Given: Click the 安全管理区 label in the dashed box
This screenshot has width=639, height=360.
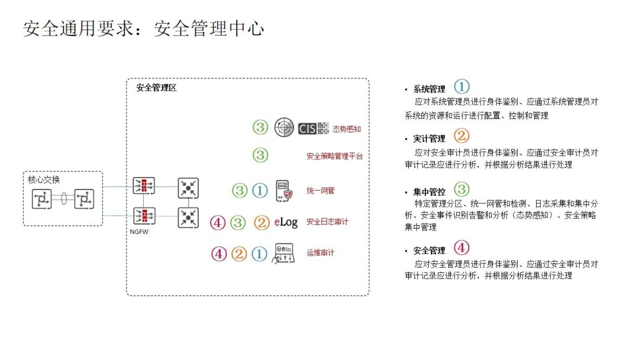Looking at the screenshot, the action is pos(156,88).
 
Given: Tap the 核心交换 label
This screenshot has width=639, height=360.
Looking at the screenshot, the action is pos(44,179).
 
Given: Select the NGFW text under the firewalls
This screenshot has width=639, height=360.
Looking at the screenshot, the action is pos(140,232).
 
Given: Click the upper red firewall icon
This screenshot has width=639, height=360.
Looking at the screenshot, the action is pos(144,186).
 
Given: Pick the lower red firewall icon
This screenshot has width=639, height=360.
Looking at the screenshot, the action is pos(144,216).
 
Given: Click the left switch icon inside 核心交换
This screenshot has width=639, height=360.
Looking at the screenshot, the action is pos(42,199).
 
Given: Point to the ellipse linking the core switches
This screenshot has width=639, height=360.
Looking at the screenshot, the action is pos(63,199).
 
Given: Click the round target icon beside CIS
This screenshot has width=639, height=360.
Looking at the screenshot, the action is pos(284,127).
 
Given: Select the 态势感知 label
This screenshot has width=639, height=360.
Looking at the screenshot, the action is pos(347,128).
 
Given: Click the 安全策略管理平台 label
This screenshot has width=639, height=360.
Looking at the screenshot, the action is pos(334,156).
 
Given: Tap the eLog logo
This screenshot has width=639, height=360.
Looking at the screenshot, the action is pos(286,222).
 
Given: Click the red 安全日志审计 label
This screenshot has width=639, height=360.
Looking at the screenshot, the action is pos(327,222).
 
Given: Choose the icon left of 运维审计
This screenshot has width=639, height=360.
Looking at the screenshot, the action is pos(283,253).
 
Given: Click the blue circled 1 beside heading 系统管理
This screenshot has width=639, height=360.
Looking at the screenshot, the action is pos(461,87).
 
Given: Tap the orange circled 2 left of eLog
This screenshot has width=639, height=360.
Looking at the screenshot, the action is pos(261,223).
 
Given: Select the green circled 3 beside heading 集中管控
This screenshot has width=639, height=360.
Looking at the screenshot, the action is pos(461,189).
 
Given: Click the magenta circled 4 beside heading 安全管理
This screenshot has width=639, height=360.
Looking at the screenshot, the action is pos(461,247).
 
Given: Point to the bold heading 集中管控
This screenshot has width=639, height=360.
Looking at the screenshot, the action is pos(429,192).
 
